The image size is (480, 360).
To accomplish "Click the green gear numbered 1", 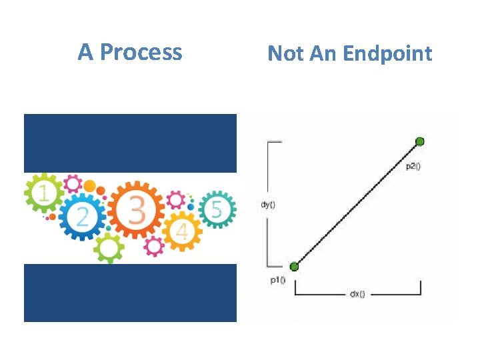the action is click(x=44, y=194).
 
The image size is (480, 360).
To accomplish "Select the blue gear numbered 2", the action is click(x=83, y=216).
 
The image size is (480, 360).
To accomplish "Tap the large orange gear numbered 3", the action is click(x=136, y=211).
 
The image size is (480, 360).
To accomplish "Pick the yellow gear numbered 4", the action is click(x=183, y=231).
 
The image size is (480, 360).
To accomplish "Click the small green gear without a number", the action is click(x=109, y=249).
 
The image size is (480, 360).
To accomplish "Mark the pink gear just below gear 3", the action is click(x=155, y=246).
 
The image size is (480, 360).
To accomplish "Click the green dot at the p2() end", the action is click(x=420, y=141).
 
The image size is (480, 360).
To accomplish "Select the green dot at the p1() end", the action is click(x=295, y=266).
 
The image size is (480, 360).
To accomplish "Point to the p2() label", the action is click(x=413, y=166).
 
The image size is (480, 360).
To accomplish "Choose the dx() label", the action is click(x=357, y=294).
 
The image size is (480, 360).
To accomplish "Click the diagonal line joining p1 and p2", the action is click(x=357, y=203).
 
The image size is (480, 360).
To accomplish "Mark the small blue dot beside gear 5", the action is click(x=191, y=207).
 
